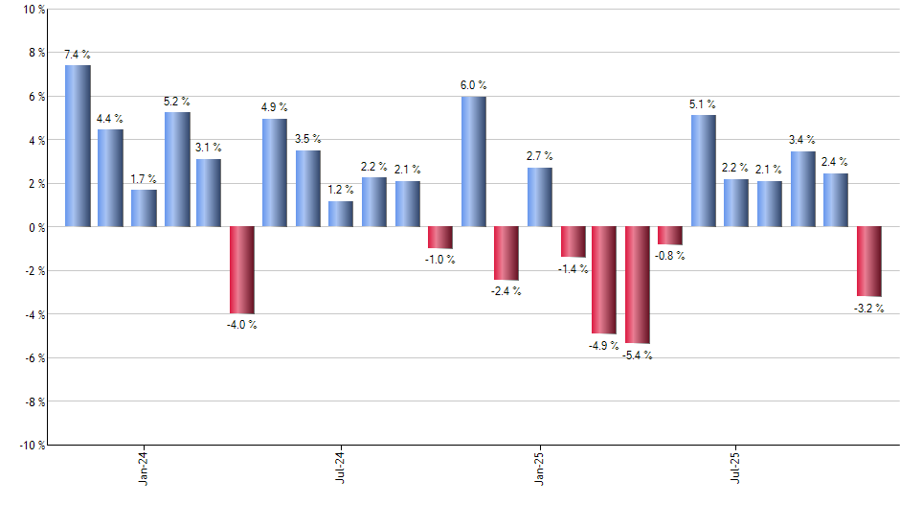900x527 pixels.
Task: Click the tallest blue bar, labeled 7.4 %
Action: [78, 146]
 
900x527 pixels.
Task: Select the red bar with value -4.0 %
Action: [242, 270]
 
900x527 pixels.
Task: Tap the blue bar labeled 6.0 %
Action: [473, 161]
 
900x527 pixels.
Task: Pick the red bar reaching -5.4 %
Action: [638, 285]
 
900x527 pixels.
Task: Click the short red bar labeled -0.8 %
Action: [670, 236]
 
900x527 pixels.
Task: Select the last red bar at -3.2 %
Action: [868, 262]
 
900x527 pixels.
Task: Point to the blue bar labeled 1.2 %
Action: [341, 214]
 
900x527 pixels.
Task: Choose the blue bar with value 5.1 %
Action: [704, 171]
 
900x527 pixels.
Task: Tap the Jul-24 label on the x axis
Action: [342, 467]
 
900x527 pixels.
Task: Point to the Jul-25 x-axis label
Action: [736, 467]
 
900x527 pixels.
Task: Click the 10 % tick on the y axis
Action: [34, 10]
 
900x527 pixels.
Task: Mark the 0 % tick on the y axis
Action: [36, 227]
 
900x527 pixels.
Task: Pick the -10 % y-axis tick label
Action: [32, 445]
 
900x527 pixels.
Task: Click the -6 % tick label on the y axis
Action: [34, 357]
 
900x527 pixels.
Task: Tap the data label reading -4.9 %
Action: [604, 345]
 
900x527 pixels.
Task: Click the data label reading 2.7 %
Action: [539, 155]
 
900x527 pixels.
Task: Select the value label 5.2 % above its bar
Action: [177, 101]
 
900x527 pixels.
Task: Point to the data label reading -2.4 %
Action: [506, 291]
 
